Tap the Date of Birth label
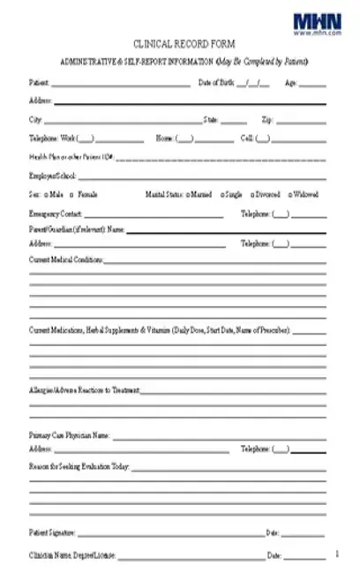217,83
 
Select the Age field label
290,83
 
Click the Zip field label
267,119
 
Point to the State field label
211,119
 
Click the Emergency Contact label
56,214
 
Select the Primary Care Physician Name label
69,435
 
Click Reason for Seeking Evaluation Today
79,465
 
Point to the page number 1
337,553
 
